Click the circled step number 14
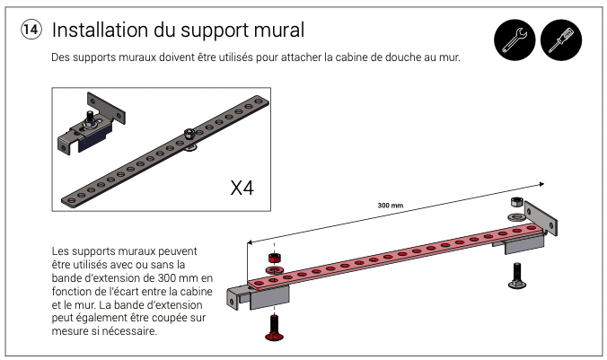pos(31,30)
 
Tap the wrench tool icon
pos(515,40)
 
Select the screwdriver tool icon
pos(561,40)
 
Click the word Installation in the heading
pos(100,30)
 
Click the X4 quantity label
pos(242,189)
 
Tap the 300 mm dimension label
pos(391,206)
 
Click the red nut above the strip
pos(275,258)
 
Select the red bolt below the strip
pos(274,328)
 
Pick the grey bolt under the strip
pos(517,276)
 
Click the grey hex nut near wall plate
pos(517,203)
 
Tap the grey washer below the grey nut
pos(515,216)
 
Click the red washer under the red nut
pos(274,269)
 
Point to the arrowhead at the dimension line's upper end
pos(542,184)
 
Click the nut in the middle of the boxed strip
pos(189,134)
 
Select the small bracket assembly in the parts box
pos(92,124)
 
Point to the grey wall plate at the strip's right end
pos(541,219)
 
